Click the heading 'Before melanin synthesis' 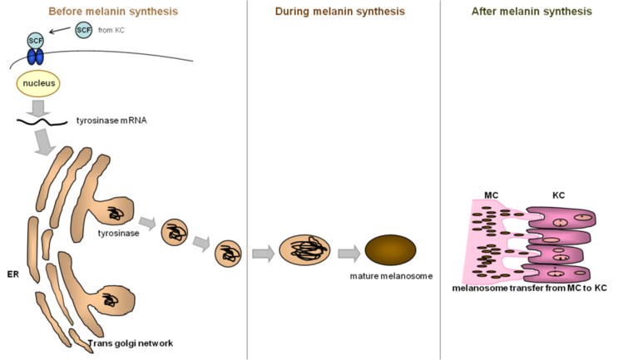pyautogui.click(x=113, y=12)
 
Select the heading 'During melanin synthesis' pyautogui.click(x=339, y=12)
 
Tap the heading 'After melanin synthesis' pyautogui.click(x=531, y=12)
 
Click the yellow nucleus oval pyautogui.click(x=38, y=83)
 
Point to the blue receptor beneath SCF pyautogui.click(x=36, y=57)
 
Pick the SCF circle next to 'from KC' pyautogui.click(x=83, y=30)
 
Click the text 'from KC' pyautogui.click(x=111, y=30)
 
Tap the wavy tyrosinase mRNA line pyautogui.click(x=42, y=122)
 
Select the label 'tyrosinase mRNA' pyautogui.click(x=111, y=121)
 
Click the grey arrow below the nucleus pyautogui.click(x=38, y=109)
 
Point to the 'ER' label pyautogui.click(x=13, y=274)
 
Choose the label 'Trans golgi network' pyautogui.click(x=130, y=343)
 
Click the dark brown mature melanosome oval pyautogui.click(x=390, y=250)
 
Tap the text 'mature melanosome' pyautogui.click(x=391, y=276)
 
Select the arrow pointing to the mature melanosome pyautogui.click(x=349, y=254)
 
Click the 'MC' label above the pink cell pyautogui.click(x=491, y=195)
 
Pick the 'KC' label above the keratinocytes pyautogui.click(x=558, y=195)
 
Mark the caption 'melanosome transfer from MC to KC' pyautogui.click(x=529, y=288)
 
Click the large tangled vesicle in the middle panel pyautogui.click(x=304, y=249)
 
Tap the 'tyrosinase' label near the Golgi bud pyautogui.click(x=118, y=233)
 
